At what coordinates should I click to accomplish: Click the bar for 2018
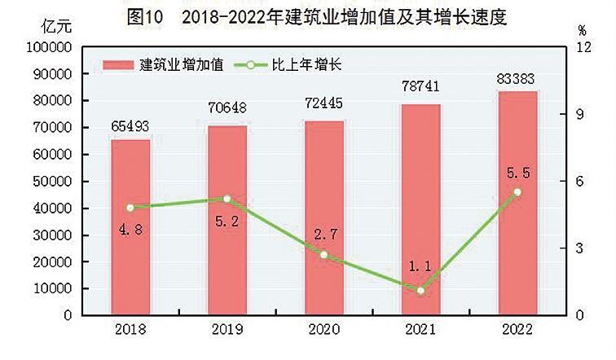point(130,227)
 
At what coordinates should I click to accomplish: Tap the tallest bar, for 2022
point(517,203)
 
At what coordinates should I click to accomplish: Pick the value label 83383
point(517,78)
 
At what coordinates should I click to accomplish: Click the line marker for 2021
point(420,291)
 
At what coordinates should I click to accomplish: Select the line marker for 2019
point(227,199)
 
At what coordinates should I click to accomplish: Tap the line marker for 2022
point(517,192)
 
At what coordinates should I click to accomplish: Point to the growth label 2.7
point(323,235)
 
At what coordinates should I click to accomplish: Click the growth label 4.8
point(130,229)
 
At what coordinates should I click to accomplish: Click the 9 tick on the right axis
point(581,115)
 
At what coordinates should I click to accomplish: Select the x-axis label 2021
point(420,330)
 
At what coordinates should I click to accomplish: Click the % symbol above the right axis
point(581,29)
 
